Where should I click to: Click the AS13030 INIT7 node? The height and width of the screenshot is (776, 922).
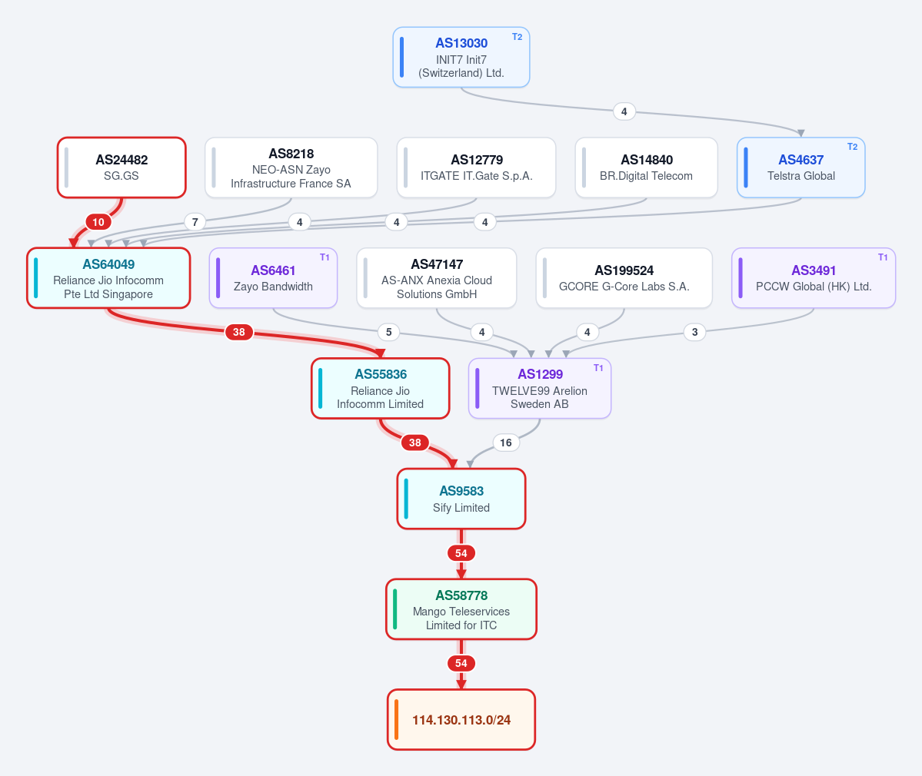coord(461,57)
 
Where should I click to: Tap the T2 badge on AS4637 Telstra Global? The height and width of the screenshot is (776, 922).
coord(852,147)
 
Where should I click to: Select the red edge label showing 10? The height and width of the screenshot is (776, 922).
coord(98,222)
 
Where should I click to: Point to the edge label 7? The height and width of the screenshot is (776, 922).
coord(195,222)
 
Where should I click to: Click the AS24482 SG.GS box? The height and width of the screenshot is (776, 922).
coord(121,167)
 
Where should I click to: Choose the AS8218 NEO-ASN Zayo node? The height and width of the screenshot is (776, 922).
coord(291,167)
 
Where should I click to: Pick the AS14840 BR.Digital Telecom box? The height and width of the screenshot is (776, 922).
coord(646,167)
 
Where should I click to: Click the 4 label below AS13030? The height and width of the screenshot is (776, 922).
coord(624,111)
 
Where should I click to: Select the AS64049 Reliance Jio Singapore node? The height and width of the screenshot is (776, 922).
coord(108,278)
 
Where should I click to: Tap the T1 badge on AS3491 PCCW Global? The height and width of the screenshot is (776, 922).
coord(883,257)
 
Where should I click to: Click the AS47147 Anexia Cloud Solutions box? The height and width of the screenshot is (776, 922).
coord(436,278)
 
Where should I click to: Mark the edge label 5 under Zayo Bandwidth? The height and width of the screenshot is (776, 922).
coord(388,332)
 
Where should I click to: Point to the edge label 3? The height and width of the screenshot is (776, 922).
coord(694,332)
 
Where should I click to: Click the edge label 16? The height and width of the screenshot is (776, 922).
coord(506,443)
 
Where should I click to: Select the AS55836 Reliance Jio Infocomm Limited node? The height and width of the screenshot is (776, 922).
coord(381,388)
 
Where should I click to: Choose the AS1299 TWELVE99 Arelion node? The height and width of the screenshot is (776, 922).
coord(540,388)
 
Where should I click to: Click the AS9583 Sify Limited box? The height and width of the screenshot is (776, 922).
coord(461,499)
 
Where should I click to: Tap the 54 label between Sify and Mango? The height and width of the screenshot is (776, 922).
coord(461,552)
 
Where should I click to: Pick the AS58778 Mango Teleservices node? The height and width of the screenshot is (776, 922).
coord(461,609)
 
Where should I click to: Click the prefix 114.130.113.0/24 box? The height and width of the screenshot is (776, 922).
coord(461,720)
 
